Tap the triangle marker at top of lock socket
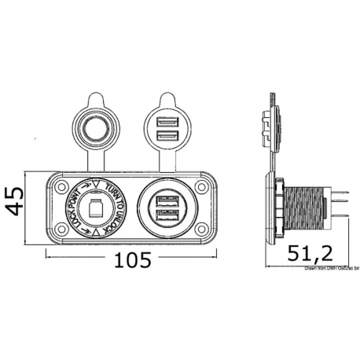tap(96, 185)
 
